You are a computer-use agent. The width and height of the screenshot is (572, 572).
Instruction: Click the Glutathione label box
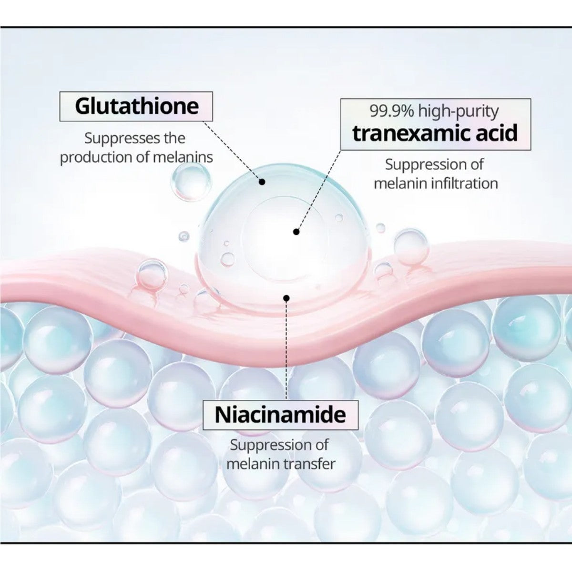coord(136,106)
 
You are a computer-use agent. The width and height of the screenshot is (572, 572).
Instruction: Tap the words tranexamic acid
coord(435,133)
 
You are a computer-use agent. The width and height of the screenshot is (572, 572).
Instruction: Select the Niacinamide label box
coord(280,415)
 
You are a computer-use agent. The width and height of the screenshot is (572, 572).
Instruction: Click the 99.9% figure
coord(391,111)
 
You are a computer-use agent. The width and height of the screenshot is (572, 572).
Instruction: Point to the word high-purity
coord(459,112)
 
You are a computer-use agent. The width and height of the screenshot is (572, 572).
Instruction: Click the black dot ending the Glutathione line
coord(262,182)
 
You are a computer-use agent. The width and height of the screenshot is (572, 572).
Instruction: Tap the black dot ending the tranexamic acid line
coord(296,232)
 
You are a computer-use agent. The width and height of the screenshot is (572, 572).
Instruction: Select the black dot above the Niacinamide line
coord(286,297)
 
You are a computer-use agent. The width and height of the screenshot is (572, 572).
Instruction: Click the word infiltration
coord(464,183)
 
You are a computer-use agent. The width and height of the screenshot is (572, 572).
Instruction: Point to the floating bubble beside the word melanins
coord(191,181)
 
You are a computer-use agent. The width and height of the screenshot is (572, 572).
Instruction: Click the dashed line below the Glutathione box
coord(232,151)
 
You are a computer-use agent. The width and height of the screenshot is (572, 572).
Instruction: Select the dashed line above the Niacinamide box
coord(286,350)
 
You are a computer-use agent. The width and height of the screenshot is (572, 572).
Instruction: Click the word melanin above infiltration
coord(400,183)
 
